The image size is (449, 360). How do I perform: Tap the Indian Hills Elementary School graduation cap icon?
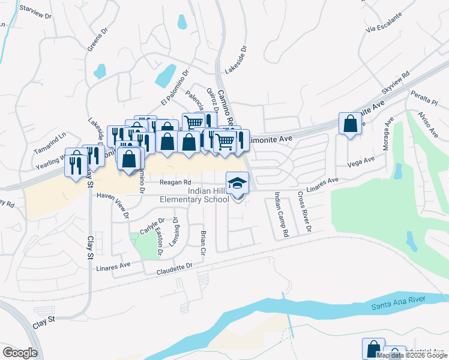click(237, 182)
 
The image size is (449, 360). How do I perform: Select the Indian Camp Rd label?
click(280, 214)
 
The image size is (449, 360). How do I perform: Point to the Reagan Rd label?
click(175, 182)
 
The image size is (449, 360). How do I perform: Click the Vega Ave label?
click(361, 161)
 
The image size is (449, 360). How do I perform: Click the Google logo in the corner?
click(20, 353)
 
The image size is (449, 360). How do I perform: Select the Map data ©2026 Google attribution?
click(412, 355)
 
